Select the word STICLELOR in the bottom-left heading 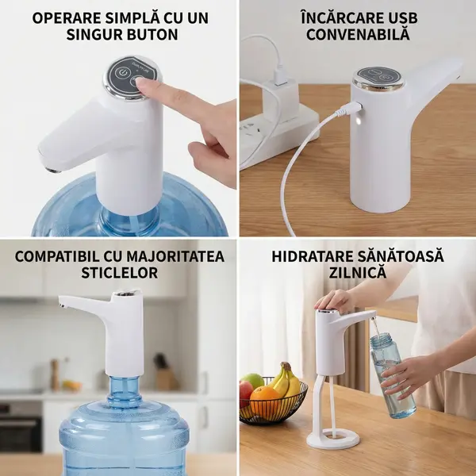click(x=119, y=273)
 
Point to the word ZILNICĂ click(x=358, y=273)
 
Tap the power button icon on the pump click(x=122, y=73)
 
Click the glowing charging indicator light click(x=359, y=121)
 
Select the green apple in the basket click(x=252, y=382)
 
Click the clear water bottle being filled click(x=392, y=375)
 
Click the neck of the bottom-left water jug click(x=125, y=390)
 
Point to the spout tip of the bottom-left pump click(x=62, y=304)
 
